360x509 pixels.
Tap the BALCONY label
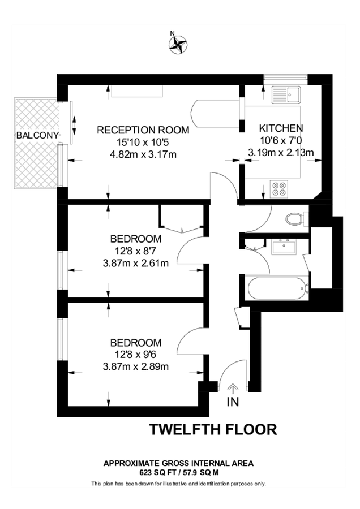[x=37, y=135]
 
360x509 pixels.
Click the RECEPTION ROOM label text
[x=143, y=130]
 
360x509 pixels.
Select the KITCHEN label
[x=281, y=128]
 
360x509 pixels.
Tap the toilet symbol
[x=295, y=218]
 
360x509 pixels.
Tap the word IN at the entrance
[x=233, y=402]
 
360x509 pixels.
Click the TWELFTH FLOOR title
[x=213, y=429]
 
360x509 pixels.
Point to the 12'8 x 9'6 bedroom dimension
[x=136, y=354]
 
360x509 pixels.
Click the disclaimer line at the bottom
[x=179, y=484]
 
